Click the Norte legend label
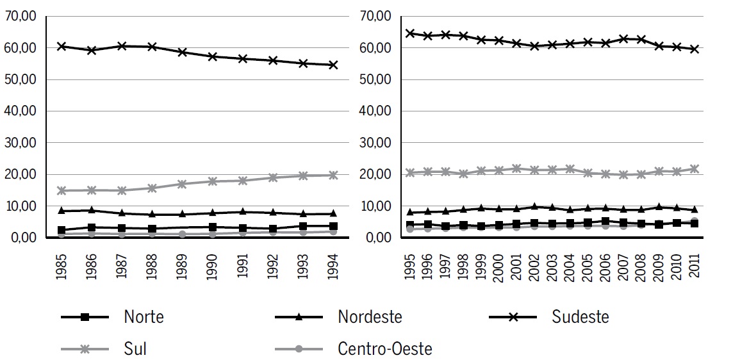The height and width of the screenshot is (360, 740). (144, 316)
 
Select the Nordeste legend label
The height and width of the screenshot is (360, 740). (370, 316)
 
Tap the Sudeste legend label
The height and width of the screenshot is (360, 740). (580, 316)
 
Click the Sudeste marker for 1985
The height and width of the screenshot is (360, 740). (61, 46)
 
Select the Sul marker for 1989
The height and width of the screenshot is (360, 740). (183, 184)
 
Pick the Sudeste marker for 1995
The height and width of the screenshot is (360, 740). (411, 33)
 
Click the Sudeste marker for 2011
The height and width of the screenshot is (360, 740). (694, 49)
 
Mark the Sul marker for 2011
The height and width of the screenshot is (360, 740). (694, 169)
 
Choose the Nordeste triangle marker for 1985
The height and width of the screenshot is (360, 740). (61, 210)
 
